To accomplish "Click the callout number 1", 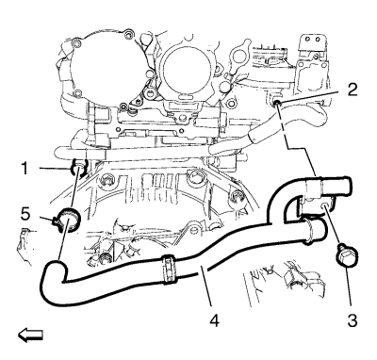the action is pos(25,169).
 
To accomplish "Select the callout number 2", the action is pos(352,90).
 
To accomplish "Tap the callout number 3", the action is pos(352,320).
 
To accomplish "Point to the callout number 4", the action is pos(214,320).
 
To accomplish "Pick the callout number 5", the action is pos(25,215).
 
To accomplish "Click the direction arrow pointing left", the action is pos(30,335).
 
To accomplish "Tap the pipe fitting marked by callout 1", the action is pos(78,167).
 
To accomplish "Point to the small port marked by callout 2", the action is pos(277,103).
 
